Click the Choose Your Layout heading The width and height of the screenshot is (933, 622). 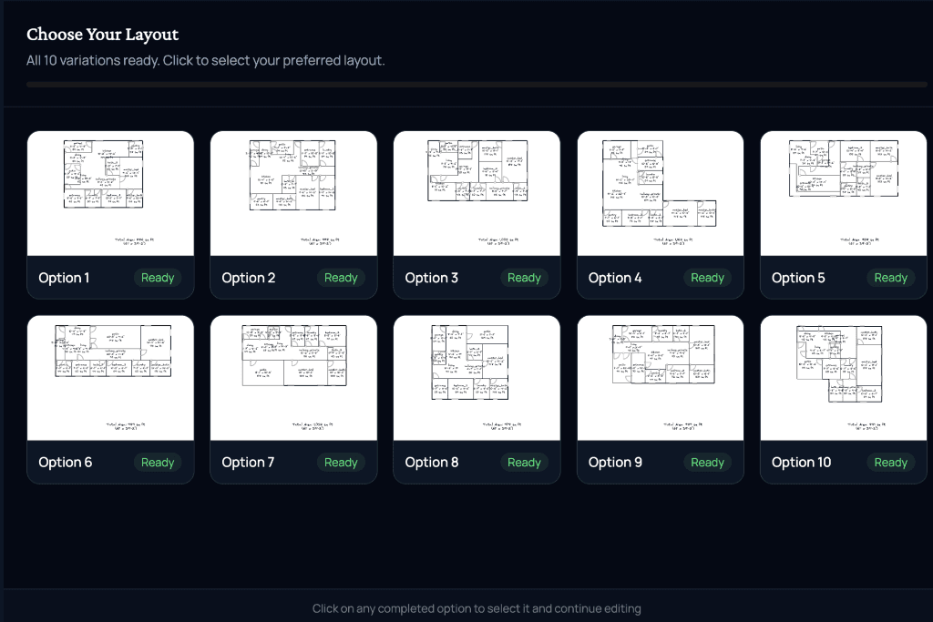(102, 35)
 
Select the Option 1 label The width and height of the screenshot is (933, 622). (64, 278)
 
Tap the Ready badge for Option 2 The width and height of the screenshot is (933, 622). (341, 278)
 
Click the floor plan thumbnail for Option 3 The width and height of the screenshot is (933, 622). (477, 171)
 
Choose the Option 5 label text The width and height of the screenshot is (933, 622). (797, 278)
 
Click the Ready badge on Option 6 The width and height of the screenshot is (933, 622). (158, 463)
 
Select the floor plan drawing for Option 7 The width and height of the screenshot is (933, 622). (293, 355)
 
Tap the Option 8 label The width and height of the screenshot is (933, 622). (432, 463)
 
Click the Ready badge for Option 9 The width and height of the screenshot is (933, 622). (707, 463)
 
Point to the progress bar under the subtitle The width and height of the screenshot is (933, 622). (477, 84)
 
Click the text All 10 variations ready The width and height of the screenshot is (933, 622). (205, 61)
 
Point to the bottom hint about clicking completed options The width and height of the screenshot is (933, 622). (477, 608)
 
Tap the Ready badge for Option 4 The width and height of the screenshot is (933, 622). (707, 278)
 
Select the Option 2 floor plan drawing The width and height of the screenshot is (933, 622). (292, 175)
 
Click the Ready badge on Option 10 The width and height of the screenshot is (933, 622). (890, 463)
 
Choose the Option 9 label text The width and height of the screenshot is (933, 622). (615, 463)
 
